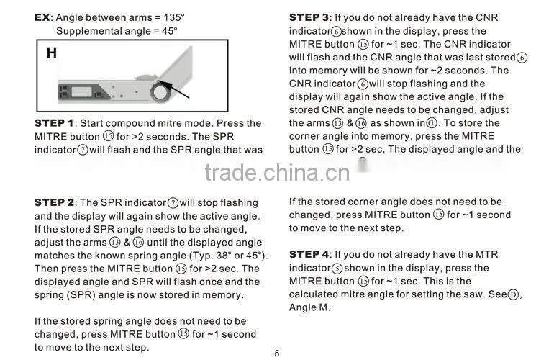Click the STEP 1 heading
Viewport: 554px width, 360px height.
(x=54, y=123)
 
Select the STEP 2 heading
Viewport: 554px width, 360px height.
(x=54, y=202)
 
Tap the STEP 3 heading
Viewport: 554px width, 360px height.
(x=309, y=17)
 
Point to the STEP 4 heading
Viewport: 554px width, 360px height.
(x=309, y=254)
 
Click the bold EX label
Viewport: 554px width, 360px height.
(x=42, y=17)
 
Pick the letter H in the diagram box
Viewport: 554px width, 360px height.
(x=52, y=53)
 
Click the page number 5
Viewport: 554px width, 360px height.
(x=277, y=354)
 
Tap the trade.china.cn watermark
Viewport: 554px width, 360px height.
(x=277, y=173)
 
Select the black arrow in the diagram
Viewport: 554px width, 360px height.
(x=173, y=89)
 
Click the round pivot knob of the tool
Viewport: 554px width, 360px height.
(x=160, y=92)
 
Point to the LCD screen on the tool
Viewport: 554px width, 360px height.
(x=81, y=91)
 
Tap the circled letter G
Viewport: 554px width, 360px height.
(x=432, y=123)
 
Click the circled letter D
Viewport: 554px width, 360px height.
(x=513, y=294)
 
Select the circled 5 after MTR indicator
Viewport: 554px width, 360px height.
(x=337, y=269)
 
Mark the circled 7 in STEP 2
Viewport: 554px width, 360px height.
(x=173, y=203)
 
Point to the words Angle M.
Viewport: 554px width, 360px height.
(x=309, y=307)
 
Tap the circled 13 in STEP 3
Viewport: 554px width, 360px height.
(x=337, y=123)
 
